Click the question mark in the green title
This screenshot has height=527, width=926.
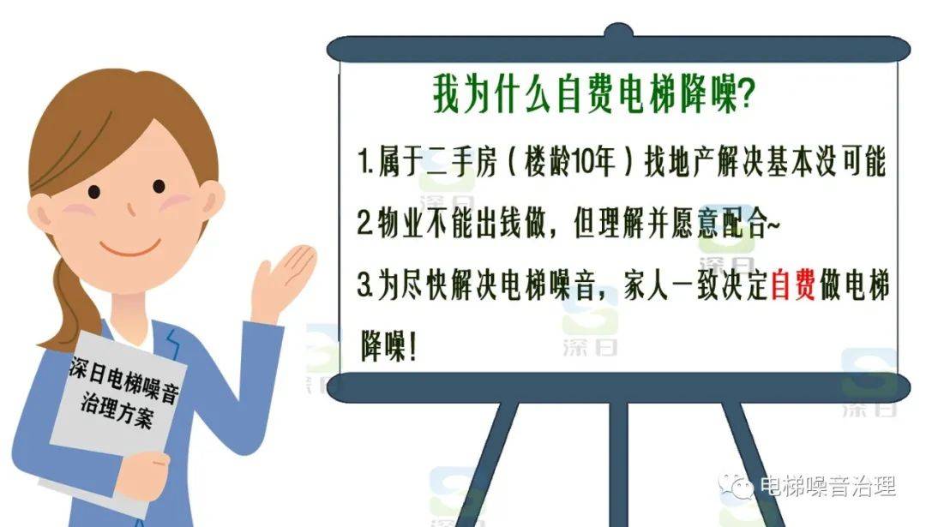(747, 94)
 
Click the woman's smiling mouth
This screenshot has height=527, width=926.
(130, 246)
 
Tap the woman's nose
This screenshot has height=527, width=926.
(130, 209)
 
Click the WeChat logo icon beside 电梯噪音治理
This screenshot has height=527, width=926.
(736, 486)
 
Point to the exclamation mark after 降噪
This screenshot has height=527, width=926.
(412, 346)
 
